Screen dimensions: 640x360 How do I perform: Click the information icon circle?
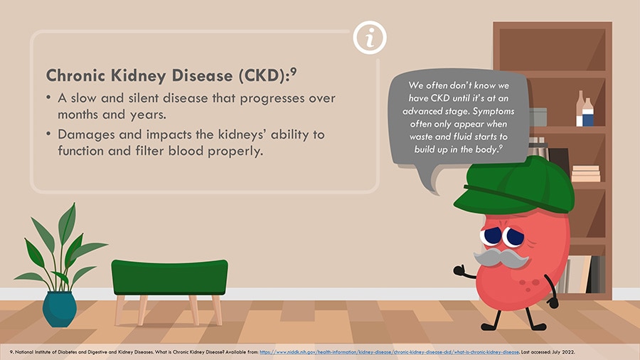(x=370, y=38)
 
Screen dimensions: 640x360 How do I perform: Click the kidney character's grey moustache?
(x=501, y=258)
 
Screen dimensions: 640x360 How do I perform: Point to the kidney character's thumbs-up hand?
(x=459, y=270)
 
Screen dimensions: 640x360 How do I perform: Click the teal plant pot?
(x=60, y=309)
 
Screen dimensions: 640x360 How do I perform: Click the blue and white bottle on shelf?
(x=588, y=112)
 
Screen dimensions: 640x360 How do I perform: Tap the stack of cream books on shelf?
(x=586, y=174)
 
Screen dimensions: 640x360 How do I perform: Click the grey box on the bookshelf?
(x=538, y=117)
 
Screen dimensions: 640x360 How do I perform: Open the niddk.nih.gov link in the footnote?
(x=390, y=352)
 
